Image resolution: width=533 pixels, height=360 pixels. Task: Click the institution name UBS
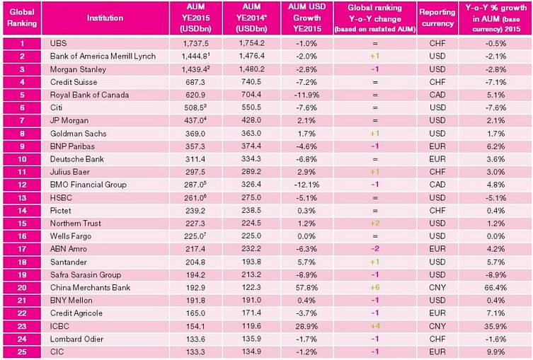point(58,43)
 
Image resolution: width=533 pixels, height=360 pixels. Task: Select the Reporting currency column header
point(437,18)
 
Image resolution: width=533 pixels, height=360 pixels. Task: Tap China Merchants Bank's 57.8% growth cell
point(306,288)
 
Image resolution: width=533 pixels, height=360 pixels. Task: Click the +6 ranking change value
point(374,288)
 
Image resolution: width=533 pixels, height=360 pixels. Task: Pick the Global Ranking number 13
point(22,197)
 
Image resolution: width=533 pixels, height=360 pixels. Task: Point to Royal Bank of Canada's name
point(89,95)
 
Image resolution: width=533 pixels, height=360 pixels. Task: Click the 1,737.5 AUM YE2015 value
point(195,43)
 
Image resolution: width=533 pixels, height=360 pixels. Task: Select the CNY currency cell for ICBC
point(437,326)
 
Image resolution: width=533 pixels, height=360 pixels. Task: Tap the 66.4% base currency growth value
point(495,288)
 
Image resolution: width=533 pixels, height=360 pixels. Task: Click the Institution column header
point(105,18)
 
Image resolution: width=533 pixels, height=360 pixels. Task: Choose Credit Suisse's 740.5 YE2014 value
point(251,82)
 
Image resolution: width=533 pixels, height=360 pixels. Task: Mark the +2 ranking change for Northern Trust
point(374,223)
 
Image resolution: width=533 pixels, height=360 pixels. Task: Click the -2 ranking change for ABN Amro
point(374,249)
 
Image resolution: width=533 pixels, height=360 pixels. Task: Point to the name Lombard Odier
point(77,339)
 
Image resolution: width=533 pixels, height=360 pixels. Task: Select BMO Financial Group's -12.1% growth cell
point(306,185)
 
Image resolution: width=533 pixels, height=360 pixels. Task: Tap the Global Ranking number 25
point(22,352)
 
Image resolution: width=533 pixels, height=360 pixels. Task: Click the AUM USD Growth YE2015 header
point(307,18)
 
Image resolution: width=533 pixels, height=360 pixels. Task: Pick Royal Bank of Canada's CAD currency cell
point(437,95)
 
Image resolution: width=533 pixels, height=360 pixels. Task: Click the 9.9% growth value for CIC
point(495,352)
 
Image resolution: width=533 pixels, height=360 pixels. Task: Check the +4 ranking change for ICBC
point(374,326)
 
